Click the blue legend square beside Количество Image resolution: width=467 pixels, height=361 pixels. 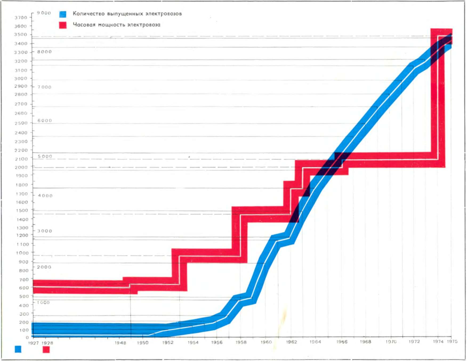(63, 14)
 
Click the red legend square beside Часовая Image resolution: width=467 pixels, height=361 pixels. (63, 25)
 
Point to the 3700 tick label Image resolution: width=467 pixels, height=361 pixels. (21, 18)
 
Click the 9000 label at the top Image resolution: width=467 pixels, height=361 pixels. (44, 13)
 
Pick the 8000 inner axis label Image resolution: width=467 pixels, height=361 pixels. (45, 52)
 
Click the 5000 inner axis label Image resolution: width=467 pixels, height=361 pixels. (45, 156)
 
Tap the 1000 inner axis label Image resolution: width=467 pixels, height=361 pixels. (43, 302)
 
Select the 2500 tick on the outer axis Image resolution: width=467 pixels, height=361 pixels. (21, 123)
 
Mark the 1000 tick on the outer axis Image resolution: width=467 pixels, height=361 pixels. (22, 253)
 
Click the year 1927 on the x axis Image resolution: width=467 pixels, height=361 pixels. (33, 343)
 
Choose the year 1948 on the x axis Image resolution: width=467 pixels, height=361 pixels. (120, 343)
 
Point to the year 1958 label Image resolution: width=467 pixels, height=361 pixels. (241, 342)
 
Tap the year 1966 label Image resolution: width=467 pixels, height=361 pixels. (342, 342)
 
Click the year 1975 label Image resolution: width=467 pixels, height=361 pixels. (452, 341)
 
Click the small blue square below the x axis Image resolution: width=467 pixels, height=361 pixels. (18, 349)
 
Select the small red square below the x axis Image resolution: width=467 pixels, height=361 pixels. (46, 349)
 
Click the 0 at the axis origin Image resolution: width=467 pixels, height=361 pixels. (27, 337)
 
